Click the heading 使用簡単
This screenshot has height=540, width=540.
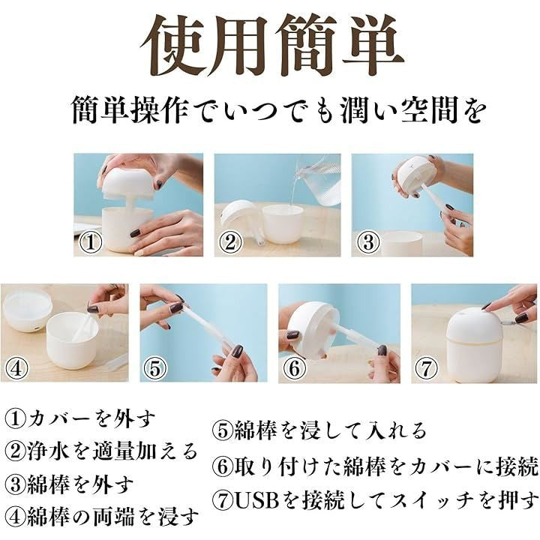(271, 46)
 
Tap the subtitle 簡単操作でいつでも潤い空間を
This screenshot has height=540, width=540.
(279, 109)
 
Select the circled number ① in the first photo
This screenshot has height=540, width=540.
(91, 242)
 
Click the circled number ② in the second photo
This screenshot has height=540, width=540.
(230, 242)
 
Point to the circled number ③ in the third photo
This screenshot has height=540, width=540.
(367, 242)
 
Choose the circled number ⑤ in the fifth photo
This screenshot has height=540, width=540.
(155, 368)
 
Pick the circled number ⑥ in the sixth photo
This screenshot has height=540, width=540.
(295, 368)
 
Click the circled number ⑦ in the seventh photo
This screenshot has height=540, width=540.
(426, 368)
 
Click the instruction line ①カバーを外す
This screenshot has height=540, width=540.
(80, 418)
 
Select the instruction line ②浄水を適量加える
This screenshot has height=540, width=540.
(101, 451)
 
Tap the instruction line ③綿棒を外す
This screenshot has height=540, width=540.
(69, 484)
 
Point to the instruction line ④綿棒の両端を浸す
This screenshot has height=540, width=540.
(102, 516)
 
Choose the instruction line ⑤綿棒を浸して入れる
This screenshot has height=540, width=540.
(319, 431)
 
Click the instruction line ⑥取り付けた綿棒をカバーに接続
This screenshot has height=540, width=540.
(376, 466)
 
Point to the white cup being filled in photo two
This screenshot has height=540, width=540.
(283, 223)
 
